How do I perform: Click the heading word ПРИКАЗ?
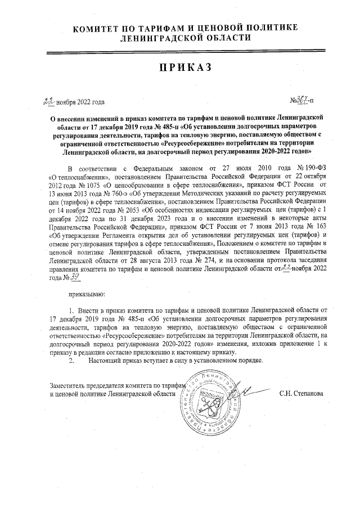[x=180, y=67]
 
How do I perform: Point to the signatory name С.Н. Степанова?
[x=301, y=377]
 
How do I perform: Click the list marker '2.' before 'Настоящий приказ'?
[x=71, y=345]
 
